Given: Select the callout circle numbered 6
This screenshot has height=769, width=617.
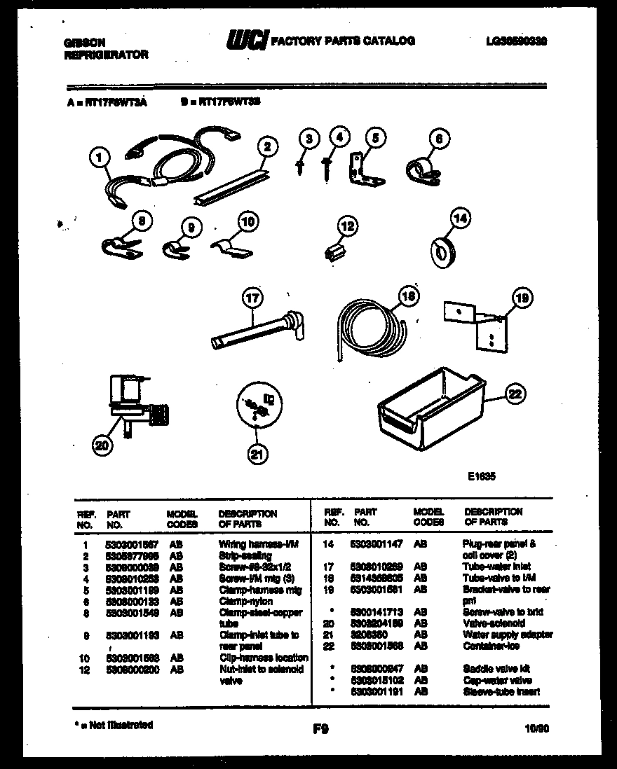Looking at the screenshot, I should (x=438, y=139).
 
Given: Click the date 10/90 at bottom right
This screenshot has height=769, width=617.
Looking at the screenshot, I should (x=536, y=729).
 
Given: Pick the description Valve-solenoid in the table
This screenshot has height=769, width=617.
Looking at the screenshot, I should (x=494, y=623).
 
